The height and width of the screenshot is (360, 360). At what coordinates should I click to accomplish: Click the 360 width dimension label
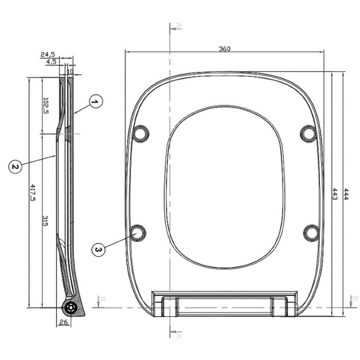224,49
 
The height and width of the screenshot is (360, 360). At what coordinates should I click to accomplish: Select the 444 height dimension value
346,194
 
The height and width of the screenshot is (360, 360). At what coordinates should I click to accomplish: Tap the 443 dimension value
335,194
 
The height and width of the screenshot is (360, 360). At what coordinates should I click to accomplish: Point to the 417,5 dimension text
33,193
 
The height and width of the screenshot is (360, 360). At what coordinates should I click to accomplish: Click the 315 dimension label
45,221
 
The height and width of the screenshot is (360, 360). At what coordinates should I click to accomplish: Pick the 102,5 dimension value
46,106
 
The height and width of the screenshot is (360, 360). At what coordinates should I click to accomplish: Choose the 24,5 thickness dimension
47,55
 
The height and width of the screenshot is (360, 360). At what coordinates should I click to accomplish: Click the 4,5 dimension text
51,62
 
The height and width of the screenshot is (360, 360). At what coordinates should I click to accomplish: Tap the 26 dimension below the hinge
64,322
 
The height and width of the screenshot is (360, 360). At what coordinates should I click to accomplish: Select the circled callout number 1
96,101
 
